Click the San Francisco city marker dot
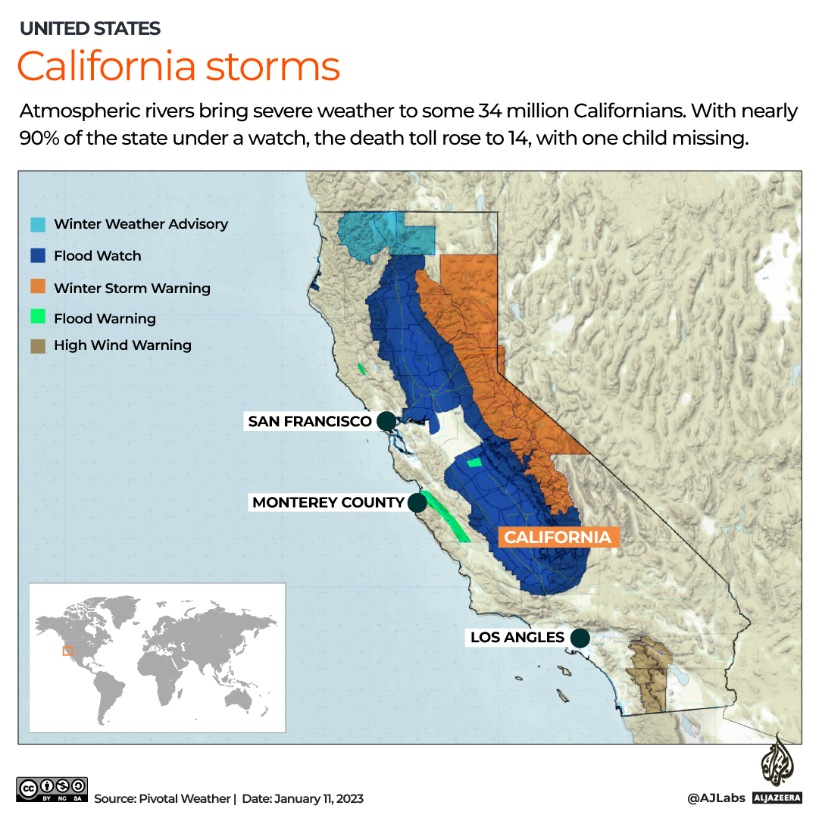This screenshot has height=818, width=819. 386,421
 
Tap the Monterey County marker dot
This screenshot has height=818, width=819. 417,502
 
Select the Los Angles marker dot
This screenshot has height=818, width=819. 580,638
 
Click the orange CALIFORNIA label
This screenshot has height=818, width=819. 558,537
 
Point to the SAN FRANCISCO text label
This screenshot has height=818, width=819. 310,421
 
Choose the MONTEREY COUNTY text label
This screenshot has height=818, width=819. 328,502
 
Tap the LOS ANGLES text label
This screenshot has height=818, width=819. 517,638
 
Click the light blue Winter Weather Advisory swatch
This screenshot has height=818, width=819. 38,224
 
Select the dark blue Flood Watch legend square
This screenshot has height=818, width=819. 38,256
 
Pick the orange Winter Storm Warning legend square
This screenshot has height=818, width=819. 38,288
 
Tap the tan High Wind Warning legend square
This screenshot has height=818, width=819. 38,345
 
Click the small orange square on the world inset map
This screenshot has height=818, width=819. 67,651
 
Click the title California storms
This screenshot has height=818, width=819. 178,66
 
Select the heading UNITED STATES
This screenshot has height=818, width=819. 89,29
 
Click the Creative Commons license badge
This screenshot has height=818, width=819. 52,789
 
